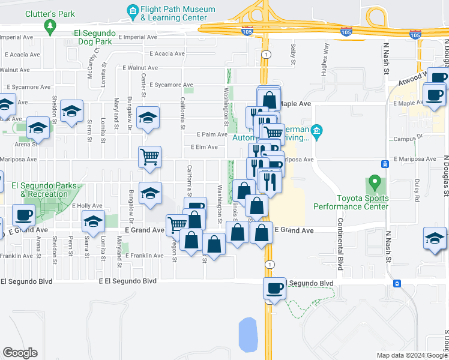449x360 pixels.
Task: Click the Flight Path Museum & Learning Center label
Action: click(x=178, y=14)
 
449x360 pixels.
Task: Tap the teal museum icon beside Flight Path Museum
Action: click(x=132, y=10)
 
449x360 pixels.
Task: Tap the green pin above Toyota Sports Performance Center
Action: click(x=375, y=181)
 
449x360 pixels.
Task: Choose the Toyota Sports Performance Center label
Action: click(x=351, y=202)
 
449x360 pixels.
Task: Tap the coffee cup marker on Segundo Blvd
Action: click(x=274, y=288)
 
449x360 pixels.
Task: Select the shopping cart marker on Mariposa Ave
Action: click(x=149, y=157)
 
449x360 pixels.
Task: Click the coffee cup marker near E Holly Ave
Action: click(x=25, y=214)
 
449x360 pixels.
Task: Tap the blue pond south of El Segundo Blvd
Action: click(x=247, y=334)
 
